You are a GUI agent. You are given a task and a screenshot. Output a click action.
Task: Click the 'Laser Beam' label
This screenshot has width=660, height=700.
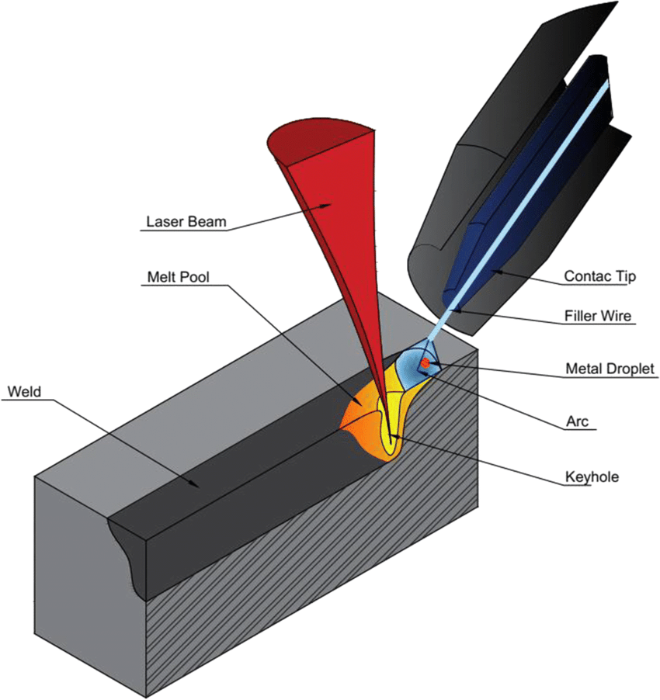[186, 221]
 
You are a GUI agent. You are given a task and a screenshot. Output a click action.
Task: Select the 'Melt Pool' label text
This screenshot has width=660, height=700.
[179, 276]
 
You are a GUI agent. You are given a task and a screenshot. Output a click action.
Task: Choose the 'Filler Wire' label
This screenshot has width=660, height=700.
[597, 317]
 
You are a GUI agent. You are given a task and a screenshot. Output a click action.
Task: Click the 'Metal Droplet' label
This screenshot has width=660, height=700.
[611, 369]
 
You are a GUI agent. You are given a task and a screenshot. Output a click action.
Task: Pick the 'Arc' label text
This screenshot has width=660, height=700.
[577, 422]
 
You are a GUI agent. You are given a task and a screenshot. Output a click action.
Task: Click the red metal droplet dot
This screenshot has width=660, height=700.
[424, 362]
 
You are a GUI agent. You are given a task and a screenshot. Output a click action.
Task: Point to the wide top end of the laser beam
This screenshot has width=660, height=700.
[318, 140]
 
